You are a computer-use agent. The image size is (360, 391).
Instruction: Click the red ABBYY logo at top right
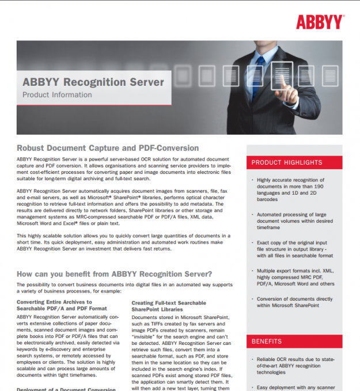[x=320, y=22]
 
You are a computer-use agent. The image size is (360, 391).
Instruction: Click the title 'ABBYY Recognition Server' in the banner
[x=93, y=82]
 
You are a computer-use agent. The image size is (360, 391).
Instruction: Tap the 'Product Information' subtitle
[x=57, y=95]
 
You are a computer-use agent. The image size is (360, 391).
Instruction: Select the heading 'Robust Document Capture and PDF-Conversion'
[x=108, y=148]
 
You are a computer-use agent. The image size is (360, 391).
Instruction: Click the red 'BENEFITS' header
[x=267, y=341]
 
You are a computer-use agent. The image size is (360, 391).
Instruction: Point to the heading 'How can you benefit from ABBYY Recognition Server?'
[x=114, y=274]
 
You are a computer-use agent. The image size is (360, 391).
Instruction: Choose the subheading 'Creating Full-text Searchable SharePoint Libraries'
[x=169, y=306]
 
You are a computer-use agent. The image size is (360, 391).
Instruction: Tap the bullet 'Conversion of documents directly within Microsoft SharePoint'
[x=294, y=303]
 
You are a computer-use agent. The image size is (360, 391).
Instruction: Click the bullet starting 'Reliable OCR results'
[x=294, y=365]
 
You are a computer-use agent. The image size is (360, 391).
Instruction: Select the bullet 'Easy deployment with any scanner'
[x=295, y=387]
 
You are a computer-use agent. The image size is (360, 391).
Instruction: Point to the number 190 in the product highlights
[x=318, y=187]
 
